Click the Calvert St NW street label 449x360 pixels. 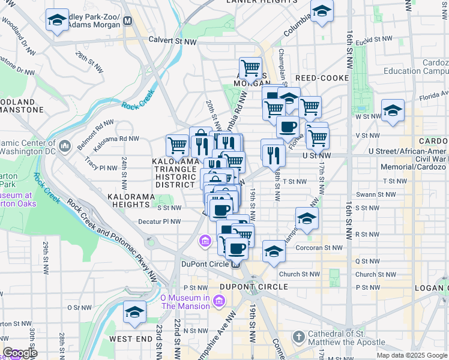pos(172,41)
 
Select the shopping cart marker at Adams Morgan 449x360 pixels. pos(250,68)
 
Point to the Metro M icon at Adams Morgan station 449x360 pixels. pos(127,21)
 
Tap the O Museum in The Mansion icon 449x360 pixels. pos(220,301)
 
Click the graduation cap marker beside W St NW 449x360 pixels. pos(393,111)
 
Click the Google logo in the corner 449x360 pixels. pos(20,353)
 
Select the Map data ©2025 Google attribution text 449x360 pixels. pos(412,355)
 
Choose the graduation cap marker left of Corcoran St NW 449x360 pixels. pos(274,251)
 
